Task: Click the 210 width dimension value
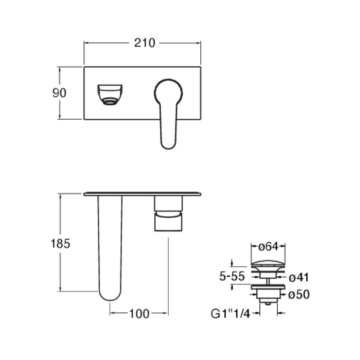click(144, 43)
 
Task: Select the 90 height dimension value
click(59, 93)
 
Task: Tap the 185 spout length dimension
click(60, 243)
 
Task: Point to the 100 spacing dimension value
click(139, 314)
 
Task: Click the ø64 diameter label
click(268, 247)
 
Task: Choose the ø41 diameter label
click(299, 278)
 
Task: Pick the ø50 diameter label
click(299, 295)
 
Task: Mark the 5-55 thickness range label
click(232, 276)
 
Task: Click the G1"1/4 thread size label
click(230, 314)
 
